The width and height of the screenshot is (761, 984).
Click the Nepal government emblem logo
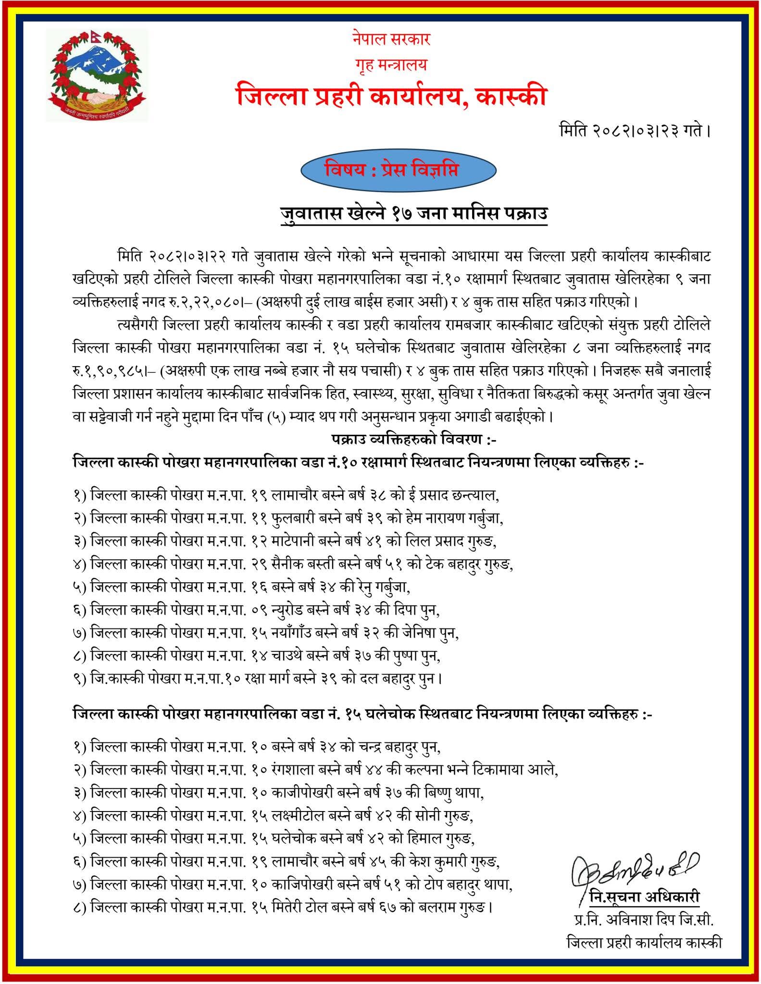(x=97, y=75)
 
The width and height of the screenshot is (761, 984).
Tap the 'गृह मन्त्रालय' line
(x=391, y=64)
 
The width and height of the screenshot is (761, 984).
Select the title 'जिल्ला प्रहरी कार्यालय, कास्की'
(x=391, y=97)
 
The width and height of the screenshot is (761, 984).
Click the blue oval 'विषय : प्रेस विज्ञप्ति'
(x=398, y=171)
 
